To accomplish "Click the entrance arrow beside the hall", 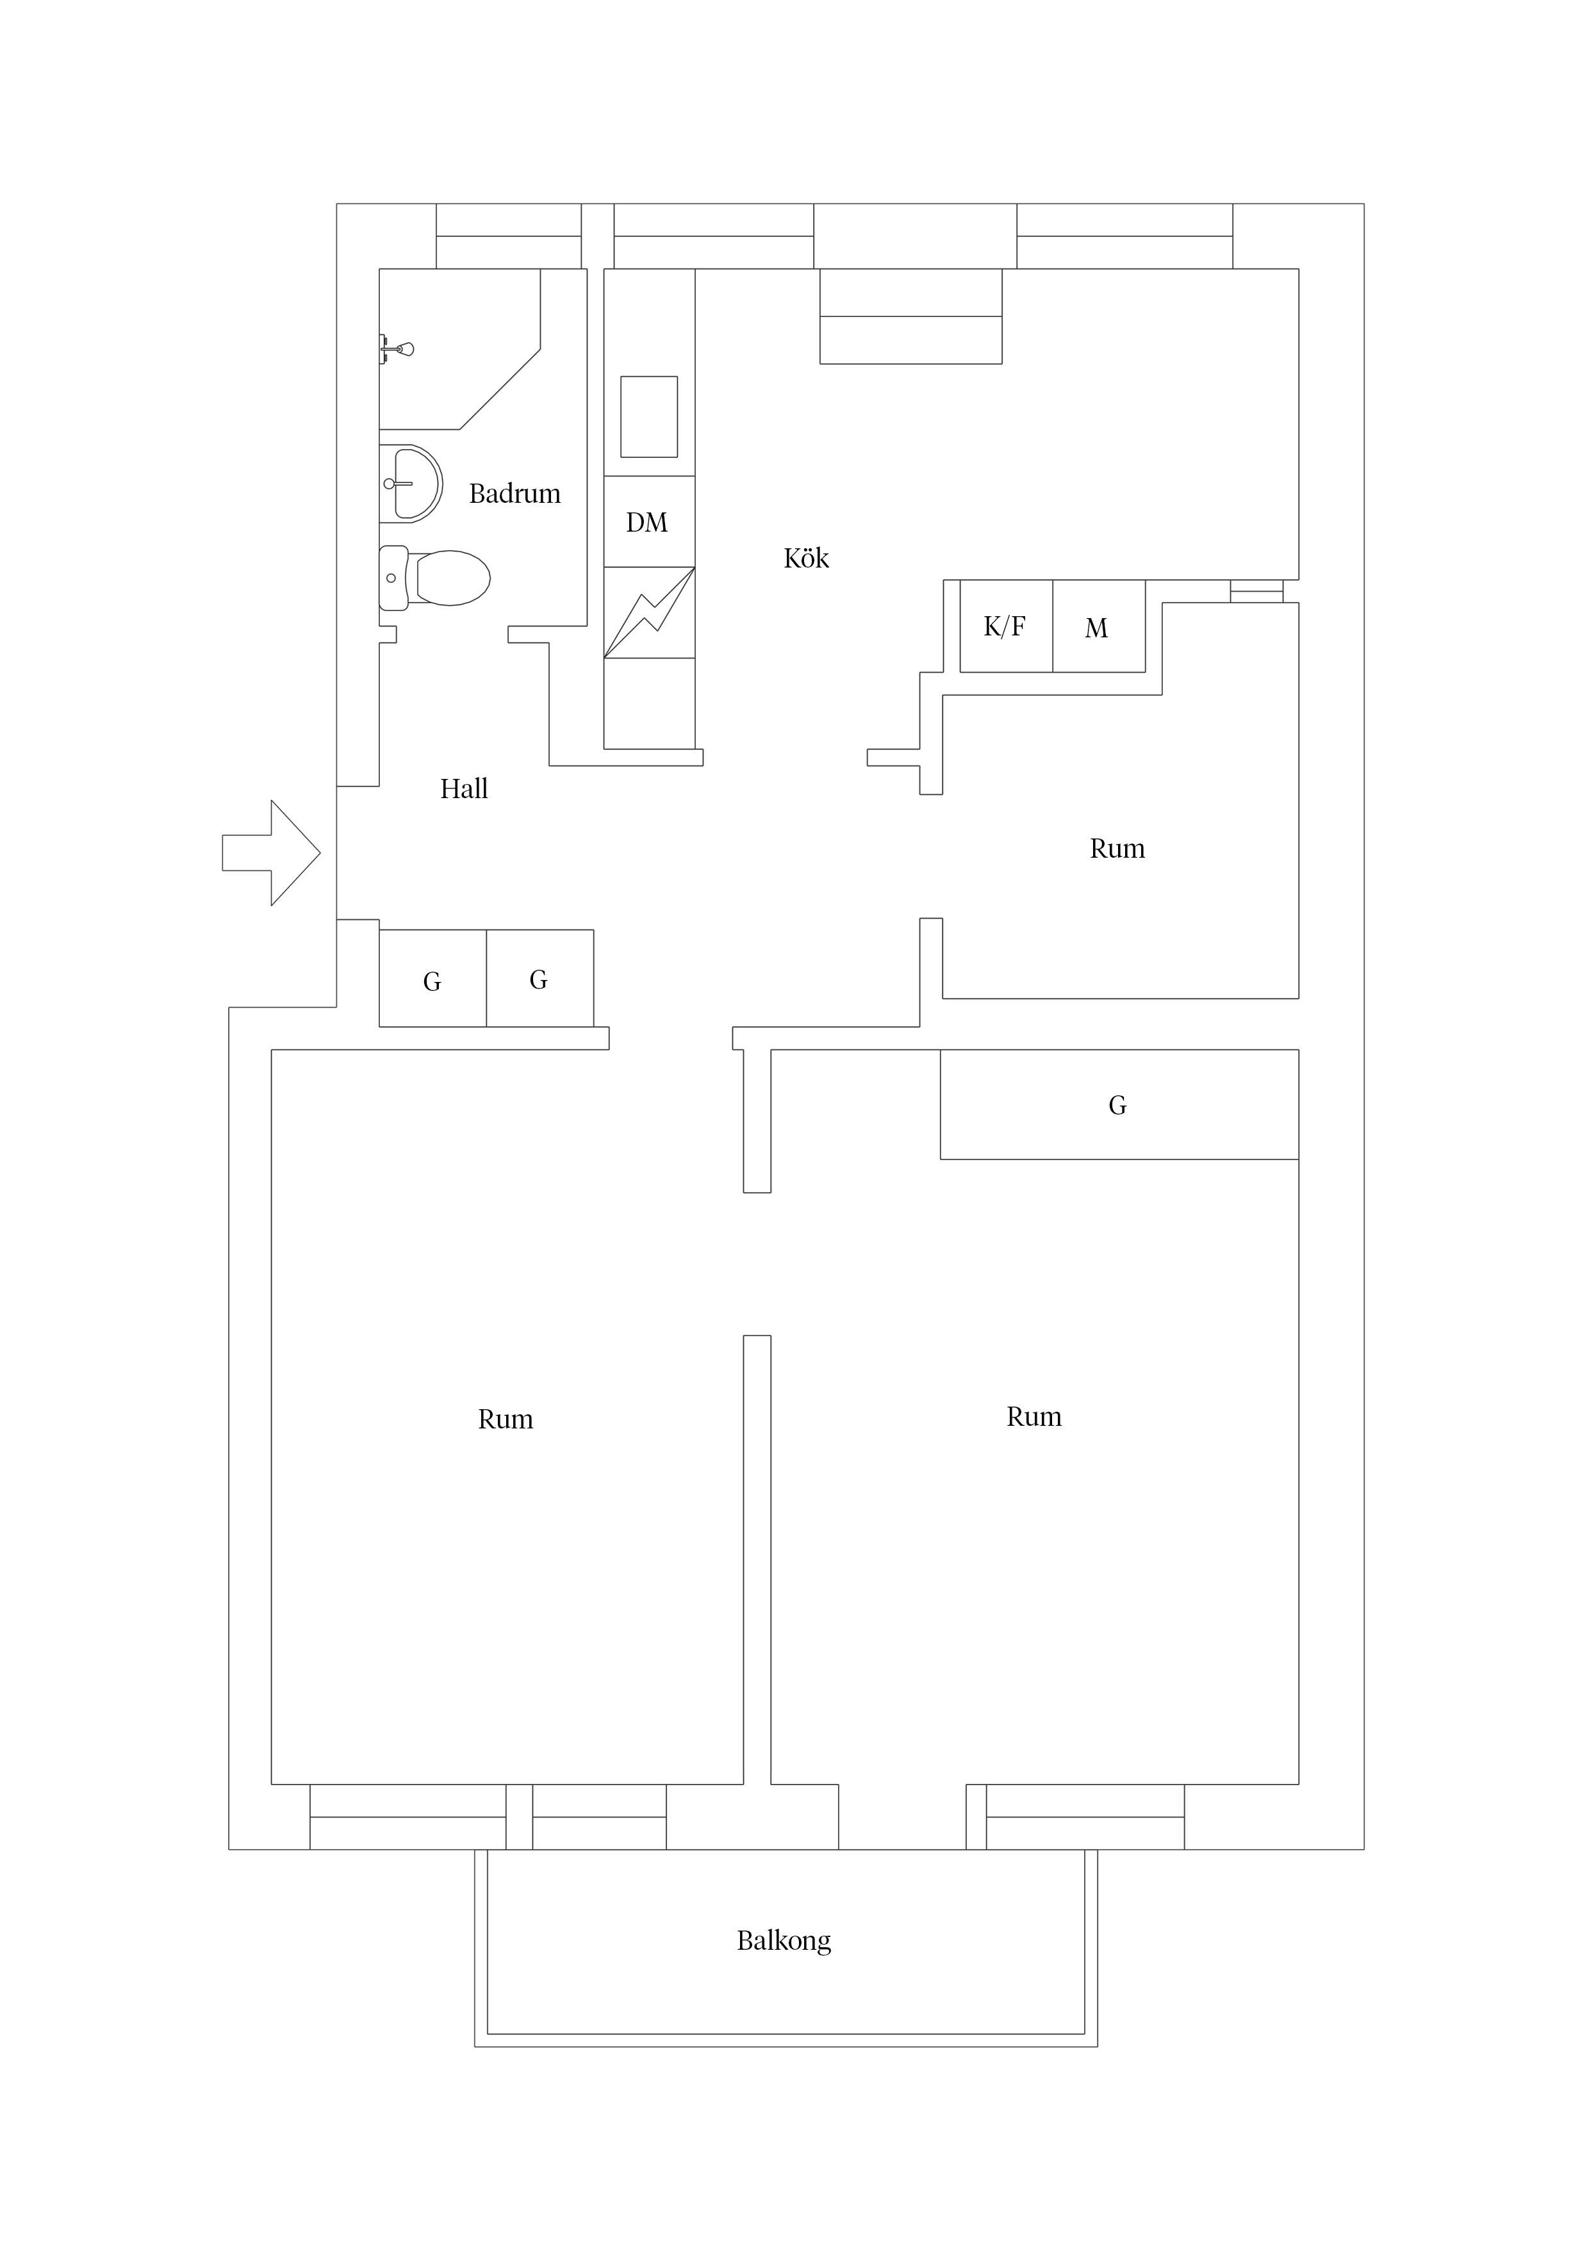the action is (x=271, y=853).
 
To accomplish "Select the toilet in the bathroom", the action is (x=434, y=577).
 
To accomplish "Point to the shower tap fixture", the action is (x=397, y=348).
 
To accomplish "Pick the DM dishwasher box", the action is (x=649, y=521).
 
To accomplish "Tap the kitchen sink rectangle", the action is (x=649, y=417).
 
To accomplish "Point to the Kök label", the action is (x=807, y=558).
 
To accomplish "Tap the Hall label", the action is (x=464, y=788).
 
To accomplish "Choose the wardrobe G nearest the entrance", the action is (x=432, y=979).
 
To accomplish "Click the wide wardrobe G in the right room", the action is (x=1119, y=1105).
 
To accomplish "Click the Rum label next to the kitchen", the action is (x=1117, y=849).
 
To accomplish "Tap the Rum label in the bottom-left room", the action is (x=505, y=1420).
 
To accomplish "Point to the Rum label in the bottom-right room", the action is (x=1034, y=1417).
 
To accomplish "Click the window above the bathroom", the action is (x=508, y=236).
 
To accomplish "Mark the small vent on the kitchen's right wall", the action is (x=1256, y=591).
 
